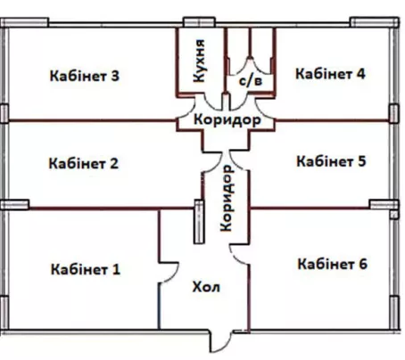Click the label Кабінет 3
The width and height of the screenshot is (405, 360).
85,76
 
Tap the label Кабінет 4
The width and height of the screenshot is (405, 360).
330,74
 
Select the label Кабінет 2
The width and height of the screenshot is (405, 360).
84,163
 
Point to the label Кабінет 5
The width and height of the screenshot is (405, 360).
331,161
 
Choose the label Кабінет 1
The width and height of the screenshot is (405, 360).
86,269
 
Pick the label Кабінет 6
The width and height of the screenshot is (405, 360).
333,264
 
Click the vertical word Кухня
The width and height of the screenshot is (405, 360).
199,61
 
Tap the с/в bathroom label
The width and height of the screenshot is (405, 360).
251,80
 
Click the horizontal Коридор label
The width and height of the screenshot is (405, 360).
227,119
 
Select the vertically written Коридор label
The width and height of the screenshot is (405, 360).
227,199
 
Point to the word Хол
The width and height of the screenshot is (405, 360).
206,287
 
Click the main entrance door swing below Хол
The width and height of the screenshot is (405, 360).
221,341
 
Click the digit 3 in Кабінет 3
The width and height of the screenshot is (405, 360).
115,76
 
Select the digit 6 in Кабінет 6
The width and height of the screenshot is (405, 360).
363,264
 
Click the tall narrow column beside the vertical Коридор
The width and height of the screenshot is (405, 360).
199,222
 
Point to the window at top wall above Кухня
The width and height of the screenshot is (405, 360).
199,22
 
